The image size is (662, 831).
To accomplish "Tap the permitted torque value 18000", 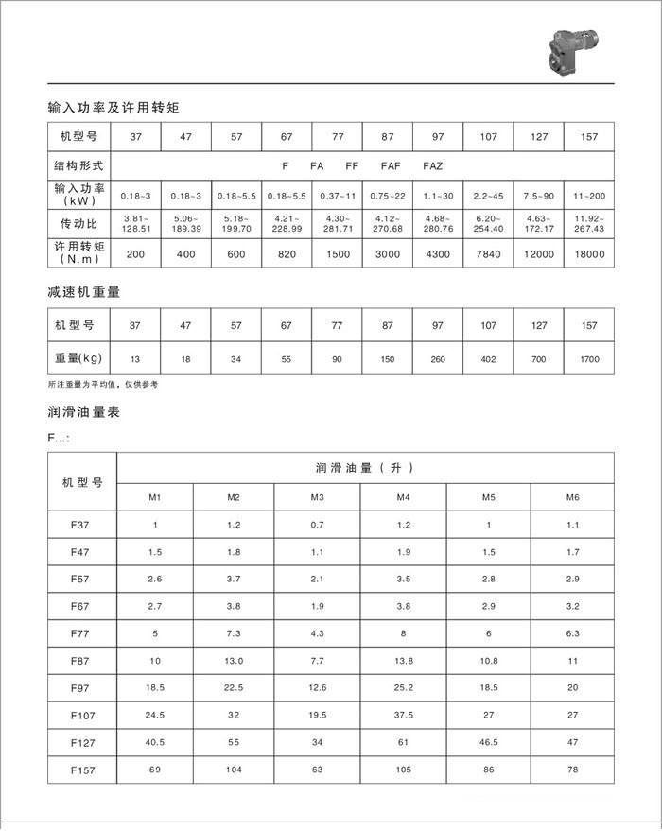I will (589, 254).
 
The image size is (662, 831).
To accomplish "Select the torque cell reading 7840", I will (488, 254).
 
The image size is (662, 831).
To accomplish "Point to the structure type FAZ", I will (432, 165).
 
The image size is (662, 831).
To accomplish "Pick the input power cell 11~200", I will (589, 196).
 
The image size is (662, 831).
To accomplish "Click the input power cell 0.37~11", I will (337, 196).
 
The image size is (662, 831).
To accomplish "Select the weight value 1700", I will (589, 359).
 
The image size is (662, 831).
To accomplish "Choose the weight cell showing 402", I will (488, 359).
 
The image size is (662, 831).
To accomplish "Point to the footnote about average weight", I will (103, 385).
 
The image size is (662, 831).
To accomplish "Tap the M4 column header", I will (403, 497).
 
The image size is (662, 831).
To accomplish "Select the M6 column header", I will (571, 497).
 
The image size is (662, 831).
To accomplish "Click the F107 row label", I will (82, 717).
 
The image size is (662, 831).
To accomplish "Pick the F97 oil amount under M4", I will (403, 689).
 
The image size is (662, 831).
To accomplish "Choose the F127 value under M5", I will (489, 744).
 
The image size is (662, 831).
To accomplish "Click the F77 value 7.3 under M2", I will (234, 633).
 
